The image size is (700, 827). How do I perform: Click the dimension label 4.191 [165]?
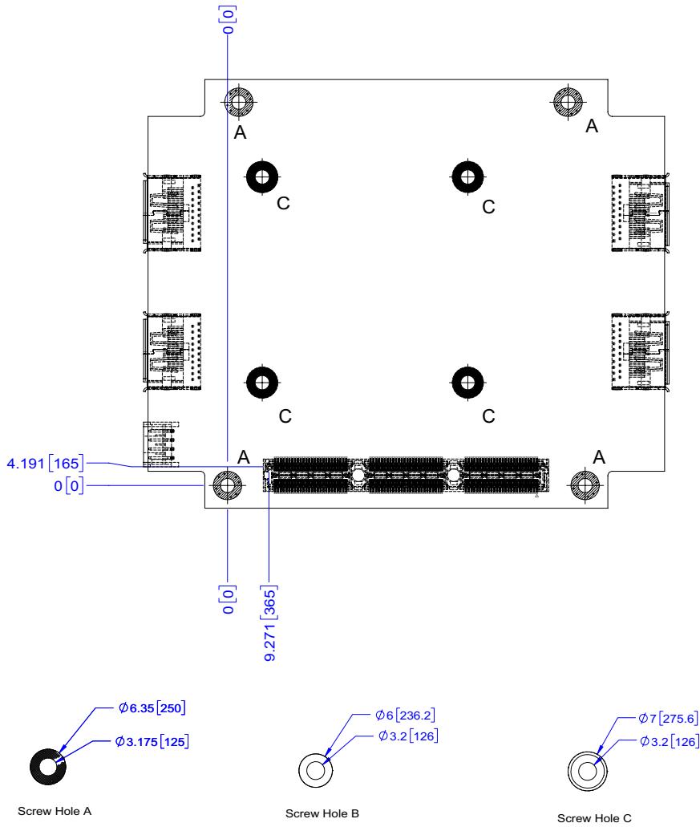tap(46, 464)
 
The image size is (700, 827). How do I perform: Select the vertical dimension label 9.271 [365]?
tap(269, 623)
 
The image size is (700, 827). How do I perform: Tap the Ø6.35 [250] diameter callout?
tap(152, 707)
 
